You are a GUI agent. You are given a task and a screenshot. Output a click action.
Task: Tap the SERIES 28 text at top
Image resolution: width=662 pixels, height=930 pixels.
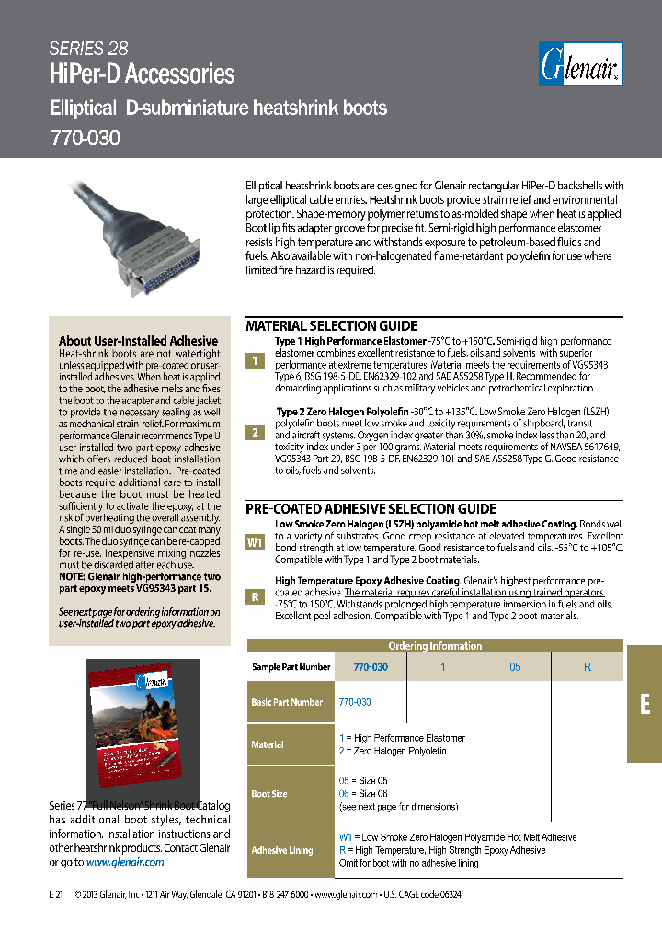pos(88,49)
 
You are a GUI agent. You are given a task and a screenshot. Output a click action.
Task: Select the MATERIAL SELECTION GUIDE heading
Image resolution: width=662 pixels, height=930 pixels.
pos(331,326)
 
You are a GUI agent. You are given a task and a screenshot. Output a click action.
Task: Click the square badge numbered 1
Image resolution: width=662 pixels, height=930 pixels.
pos(255,361)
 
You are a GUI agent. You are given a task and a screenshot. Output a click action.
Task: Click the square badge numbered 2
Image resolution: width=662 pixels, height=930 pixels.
pos(255,432)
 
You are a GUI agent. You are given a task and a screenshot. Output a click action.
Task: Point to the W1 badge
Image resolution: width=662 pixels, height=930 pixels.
pos(255,542)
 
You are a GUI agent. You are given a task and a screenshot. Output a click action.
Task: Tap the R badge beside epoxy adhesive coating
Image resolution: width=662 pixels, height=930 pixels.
pos(255,595)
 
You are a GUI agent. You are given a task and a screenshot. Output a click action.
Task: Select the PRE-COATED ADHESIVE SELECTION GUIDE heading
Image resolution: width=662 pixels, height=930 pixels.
pos(371,509)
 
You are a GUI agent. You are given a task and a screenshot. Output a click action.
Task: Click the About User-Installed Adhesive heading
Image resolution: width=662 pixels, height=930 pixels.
pos(138,341)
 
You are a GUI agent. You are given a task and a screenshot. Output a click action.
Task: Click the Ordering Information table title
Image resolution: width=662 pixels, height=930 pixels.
pos(434,646)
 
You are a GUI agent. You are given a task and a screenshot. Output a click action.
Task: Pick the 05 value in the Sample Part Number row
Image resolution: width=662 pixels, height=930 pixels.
pos(515,667)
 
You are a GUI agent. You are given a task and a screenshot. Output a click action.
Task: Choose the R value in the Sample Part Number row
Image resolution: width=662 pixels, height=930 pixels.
pos(588,667)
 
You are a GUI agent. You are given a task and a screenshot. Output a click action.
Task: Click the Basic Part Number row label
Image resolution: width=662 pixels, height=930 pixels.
pos(287,702)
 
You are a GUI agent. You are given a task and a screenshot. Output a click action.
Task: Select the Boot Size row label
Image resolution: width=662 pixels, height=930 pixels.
pos(269,794)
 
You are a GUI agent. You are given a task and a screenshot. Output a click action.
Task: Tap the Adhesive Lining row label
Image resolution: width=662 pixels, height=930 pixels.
pos(282,851)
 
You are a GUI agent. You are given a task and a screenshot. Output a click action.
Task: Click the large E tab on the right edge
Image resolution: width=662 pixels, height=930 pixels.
pos(645,705)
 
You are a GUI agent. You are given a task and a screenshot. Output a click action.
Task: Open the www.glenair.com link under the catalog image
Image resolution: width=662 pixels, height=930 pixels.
pos(125,862)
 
